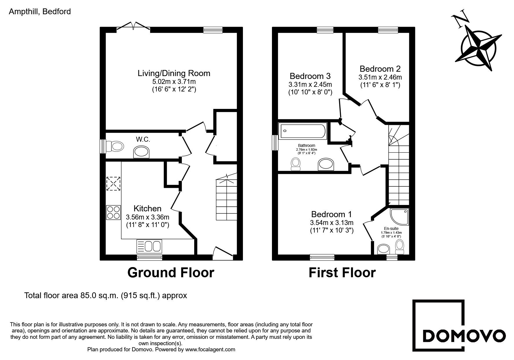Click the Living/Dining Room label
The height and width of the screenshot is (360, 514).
click(x=174, y=73)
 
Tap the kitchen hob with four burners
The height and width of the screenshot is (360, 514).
click(x=113, y=213)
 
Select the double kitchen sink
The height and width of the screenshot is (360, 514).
click(x=149, y=246)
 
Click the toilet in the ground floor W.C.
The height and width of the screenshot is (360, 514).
click(x=114, y=146)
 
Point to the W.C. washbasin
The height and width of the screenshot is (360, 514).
click(x=141, y=152)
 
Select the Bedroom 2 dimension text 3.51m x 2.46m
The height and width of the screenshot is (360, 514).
click(x=380, y=77)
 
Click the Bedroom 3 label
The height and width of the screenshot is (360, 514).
click(x=310, y=76)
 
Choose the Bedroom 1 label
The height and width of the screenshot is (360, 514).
click(x=331, y=214)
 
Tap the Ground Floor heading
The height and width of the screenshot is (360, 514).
click(x=171, y=273)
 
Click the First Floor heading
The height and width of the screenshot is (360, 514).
click(x=342, y=273)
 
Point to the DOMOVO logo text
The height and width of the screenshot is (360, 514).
click(x=463, y=336)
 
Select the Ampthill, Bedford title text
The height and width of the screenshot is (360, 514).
click(x=40, y=12)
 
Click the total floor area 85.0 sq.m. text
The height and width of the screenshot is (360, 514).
click(x=106, y=296)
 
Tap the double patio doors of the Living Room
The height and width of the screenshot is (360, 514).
click(x=134, y=27)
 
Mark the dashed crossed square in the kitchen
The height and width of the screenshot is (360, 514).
click(x=113, y=184)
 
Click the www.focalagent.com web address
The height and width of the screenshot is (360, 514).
click(x=210, y=350)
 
